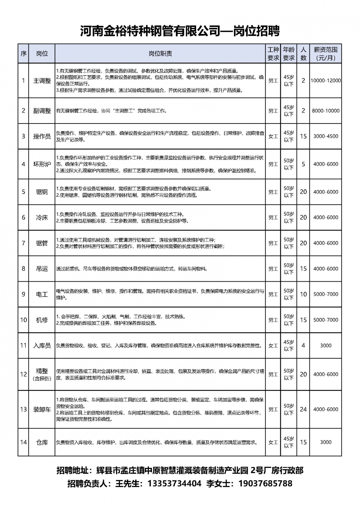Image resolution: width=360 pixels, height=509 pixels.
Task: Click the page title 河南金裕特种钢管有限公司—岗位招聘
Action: coord(180,31)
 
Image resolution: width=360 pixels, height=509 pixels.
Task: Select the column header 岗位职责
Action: coord(160,54)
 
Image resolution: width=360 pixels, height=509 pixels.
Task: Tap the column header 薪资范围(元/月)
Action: coord(325,54)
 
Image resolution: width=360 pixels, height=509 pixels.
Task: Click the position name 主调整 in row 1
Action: coord(42,81)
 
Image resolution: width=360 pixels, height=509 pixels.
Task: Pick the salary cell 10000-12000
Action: coord(325,81)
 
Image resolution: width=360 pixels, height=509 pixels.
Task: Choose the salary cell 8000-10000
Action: coord(325,111)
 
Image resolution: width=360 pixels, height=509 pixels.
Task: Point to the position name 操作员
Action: coord(42,136)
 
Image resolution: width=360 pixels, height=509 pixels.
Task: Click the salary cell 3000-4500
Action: coord(325,136)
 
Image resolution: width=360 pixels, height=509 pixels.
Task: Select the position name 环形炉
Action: coord(42,164)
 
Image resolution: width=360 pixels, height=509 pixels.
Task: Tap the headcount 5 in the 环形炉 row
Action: coord(303,164)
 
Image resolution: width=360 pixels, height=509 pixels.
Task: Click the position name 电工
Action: coord(42,294)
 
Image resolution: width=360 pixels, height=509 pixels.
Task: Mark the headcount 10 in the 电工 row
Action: coord(303,294)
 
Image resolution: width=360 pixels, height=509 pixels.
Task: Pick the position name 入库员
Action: coord(42,346)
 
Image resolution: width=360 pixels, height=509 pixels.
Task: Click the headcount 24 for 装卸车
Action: coord(303,409)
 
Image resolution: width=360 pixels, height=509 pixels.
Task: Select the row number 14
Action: coord(23,442)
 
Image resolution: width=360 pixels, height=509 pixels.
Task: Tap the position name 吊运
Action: coord(42,269)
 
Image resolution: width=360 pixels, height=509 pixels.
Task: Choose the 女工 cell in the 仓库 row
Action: coord(273,442)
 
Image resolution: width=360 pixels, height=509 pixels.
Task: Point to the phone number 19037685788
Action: coord(265,483)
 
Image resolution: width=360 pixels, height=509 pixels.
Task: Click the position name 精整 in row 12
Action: coord(42,371)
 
